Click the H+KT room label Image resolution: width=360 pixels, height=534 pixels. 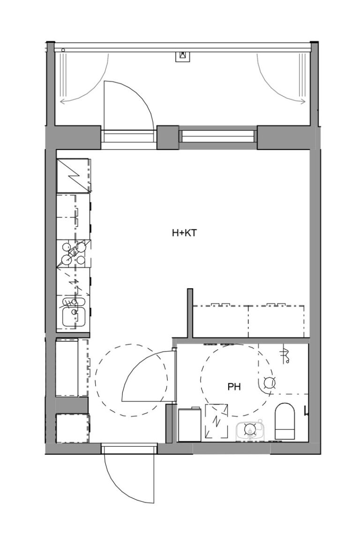[183, 232]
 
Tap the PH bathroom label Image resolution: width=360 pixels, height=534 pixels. [234, 387]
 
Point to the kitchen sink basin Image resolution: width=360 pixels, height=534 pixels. [74, 311]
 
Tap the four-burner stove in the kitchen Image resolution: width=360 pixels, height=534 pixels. [74, 254]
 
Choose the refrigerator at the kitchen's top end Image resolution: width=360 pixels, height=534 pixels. [73, 175]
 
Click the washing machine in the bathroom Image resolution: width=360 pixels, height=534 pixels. [190, 425]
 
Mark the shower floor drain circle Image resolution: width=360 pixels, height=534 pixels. [269, 383]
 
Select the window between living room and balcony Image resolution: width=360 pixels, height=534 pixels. [218, 136]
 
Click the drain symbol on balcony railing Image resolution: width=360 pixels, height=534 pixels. [183, 56]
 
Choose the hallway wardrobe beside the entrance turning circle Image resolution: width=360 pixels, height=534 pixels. [72, 368]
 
